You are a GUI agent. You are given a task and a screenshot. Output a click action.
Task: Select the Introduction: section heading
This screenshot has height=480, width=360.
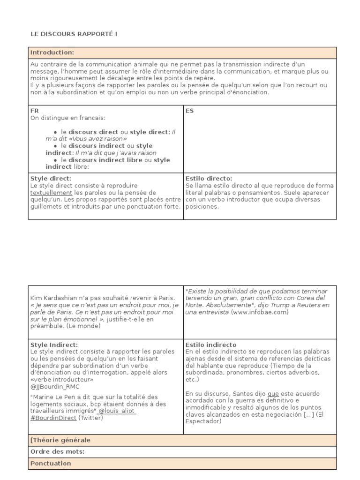tap(52, 52)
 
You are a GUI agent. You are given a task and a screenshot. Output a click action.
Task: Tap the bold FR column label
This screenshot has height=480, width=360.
tap(35, 111)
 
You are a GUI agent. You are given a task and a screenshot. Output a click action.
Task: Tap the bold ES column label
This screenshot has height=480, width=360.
tap(190, 111)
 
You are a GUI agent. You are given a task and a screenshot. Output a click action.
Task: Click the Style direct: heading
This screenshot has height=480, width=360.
tap(51, 179)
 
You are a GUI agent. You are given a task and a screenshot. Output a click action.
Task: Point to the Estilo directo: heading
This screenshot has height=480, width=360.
tap(209, 179)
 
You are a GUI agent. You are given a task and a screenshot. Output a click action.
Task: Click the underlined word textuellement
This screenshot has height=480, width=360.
tap(52, 193)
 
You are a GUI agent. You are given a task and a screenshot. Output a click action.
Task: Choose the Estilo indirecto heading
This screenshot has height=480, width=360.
tap(211, 345)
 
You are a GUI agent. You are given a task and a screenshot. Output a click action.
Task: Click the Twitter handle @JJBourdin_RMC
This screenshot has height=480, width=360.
tap(55, 387)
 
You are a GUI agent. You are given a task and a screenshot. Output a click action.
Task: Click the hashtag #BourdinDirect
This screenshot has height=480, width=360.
tap(53, 418)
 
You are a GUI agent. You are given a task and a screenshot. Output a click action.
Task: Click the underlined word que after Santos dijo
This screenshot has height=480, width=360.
tap(273, 394)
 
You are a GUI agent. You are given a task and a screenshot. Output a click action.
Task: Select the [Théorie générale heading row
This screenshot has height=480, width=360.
tap(60, 440)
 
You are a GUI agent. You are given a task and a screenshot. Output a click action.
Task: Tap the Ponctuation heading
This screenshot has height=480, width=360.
tap(51, 464)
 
